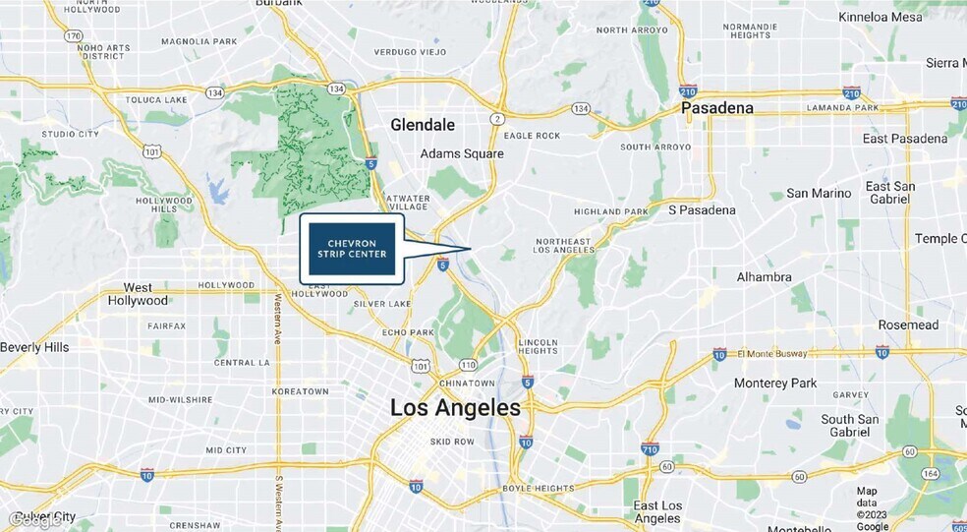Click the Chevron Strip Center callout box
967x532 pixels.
point(352,249)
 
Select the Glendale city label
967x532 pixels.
point(423,125)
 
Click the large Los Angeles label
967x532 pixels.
point(455,407)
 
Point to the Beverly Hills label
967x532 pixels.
point(34,347)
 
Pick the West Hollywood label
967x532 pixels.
point(138,294)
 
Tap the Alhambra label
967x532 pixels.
point(764,277)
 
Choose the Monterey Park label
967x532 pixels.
point(775,383)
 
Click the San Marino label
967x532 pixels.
point(819,193)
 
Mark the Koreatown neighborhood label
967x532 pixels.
point(299,391)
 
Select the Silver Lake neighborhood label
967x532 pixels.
point(382,304)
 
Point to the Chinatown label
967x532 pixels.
point(467,383)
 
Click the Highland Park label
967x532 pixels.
point(611,211)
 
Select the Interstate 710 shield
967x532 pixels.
point(650,448)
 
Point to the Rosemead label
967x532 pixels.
point(909,325)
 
